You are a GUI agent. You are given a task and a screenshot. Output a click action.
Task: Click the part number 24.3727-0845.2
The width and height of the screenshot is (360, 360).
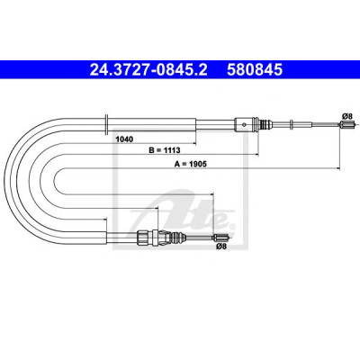(x=148, y=69)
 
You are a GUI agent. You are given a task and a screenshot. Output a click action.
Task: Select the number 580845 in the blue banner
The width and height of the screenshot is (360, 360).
(x=255, y=69)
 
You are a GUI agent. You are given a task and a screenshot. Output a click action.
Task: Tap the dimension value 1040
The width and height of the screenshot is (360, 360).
(x=124, y=139)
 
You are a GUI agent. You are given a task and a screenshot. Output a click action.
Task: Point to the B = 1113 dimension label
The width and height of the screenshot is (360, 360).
(x=165, y=150)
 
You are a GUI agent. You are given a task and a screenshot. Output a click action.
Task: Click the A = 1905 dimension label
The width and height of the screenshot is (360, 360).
(x=191, y=164)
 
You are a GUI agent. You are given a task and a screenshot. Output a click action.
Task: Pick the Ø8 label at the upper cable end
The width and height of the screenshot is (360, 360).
(x=346, y=115)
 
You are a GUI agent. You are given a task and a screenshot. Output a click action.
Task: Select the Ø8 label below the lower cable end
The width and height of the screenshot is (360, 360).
(x=221, y=247)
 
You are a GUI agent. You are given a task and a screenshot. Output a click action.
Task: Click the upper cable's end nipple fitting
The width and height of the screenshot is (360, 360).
(x=348, y=124)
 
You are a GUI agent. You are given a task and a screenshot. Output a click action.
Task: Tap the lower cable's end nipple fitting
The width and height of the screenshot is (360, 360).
(x=221, y=238)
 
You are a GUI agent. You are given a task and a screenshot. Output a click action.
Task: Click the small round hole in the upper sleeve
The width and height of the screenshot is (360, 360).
(x=245, y=124)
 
